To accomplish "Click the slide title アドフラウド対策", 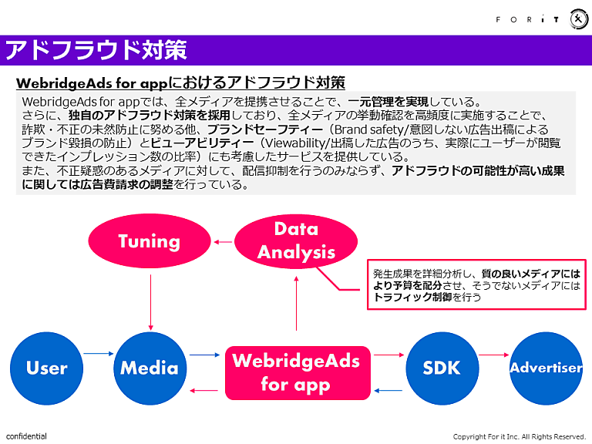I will click(96, 50).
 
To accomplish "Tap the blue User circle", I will click(46, 368).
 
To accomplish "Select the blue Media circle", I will click(150, 368).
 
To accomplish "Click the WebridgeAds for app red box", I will click(296, 373).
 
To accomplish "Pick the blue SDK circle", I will click(442, 368).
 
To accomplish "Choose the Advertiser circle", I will click(546, 368).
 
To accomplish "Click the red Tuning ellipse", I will click(150, 241).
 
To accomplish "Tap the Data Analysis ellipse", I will click(296, 240).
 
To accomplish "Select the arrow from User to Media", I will click(98, 355).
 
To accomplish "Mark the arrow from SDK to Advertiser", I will click(493, 355).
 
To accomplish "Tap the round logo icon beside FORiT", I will click(579, 19).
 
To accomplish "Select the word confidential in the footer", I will click(26, 436).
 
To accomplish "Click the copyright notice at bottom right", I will click(520, 436).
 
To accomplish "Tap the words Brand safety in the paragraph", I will click(365, 129).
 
